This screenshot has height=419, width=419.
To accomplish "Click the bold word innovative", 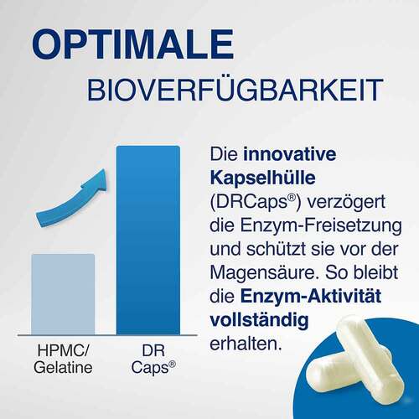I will point(279,155).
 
